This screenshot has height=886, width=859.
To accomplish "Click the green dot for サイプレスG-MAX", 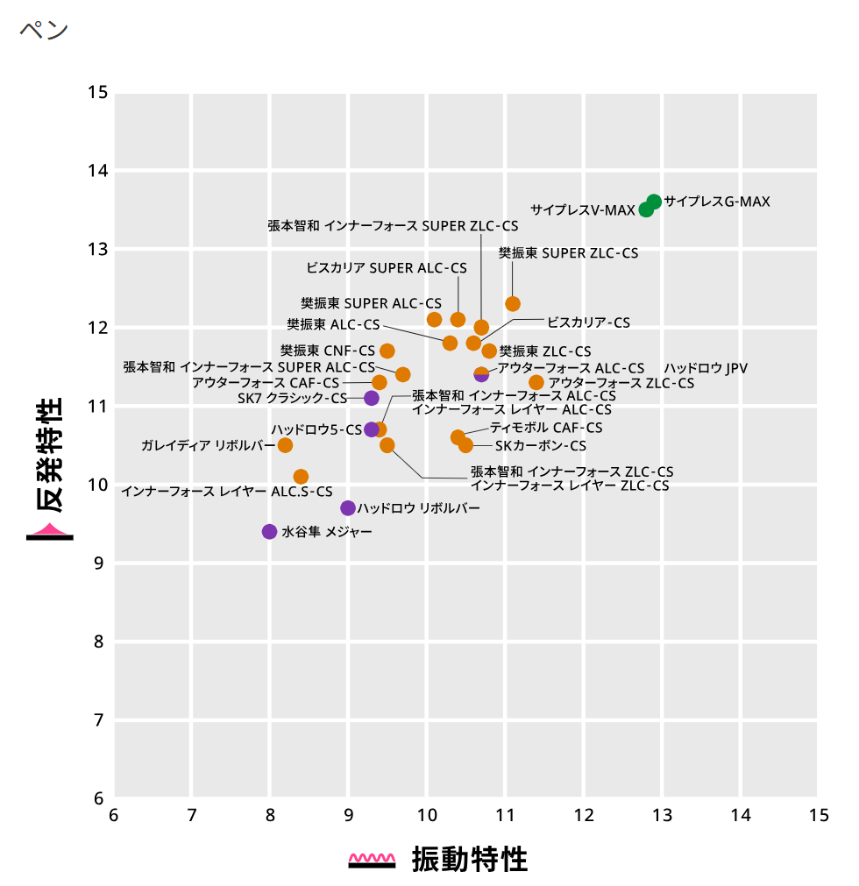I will pos(654,202).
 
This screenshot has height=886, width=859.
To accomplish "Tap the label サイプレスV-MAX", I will pos(582,210).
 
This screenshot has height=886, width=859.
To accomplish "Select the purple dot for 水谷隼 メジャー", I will pos(269,532).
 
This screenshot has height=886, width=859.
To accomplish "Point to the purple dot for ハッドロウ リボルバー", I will pos(348,508).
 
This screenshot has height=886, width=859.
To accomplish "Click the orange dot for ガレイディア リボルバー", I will pos(285,445).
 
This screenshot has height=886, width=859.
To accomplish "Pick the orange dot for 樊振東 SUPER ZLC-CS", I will pos(513,304).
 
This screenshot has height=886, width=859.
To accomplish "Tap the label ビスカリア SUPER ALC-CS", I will pos(387,267).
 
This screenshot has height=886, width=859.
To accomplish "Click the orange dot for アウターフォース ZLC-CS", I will pos(536,383).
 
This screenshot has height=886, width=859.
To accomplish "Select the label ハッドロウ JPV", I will pos(706,368).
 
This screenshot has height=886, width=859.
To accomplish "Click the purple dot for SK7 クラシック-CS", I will pos(372,399).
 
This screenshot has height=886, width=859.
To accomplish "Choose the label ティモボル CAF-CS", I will pos(546,428).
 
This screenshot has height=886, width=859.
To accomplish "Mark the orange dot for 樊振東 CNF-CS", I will pos(387,351).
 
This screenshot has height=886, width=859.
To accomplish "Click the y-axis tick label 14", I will pos(98,171).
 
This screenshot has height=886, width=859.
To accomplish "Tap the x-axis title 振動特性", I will pos(470,860).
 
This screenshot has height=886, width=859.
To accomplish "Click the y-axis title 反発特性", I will pos(49,456).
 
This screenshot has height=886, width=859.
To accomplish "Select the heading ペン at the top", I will pos(43,29).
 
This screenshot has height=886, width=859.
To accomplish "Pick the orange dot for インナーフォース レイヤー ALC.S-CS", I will pos(301,477).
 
